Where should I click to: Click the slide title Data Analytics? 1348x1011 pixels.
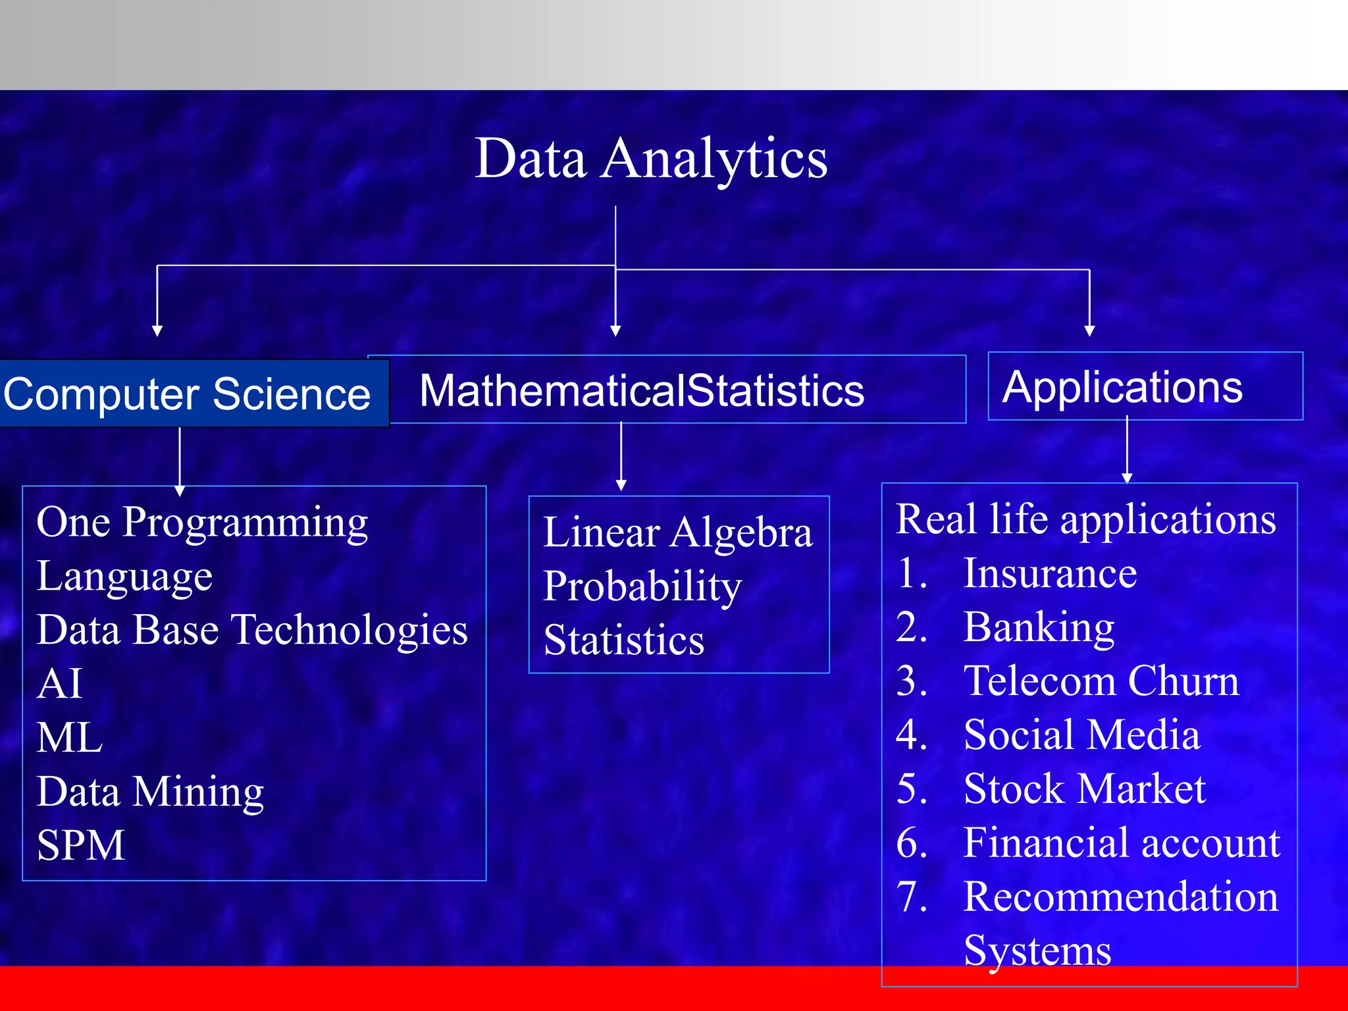651,159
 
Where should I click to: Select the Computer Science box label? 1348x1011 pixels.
187,394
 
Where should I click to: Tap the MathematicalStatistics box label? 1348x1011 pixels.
642,390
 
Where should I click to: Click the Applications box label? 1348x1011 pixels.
1122,387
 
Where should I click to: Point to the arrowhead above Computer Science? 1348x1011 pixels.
157,330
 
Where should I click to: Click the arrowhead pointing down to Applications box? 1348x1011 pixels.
1089,330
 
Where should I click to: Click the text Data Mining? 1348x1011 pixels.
150,791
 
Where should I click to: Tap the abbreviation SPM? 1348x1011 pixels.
80,845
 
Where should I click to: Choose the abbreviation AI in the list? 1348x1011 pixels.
59,683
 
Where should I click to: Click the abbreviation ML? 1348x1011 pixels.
70,737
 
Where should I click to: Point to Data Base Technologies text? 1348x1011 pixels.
252,629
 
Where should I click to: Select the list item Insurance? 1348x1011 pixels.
1050,573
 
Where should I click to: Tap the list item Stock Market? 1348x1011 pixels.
1084,789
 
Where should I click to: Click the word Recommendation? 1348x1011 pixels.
1120,896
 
